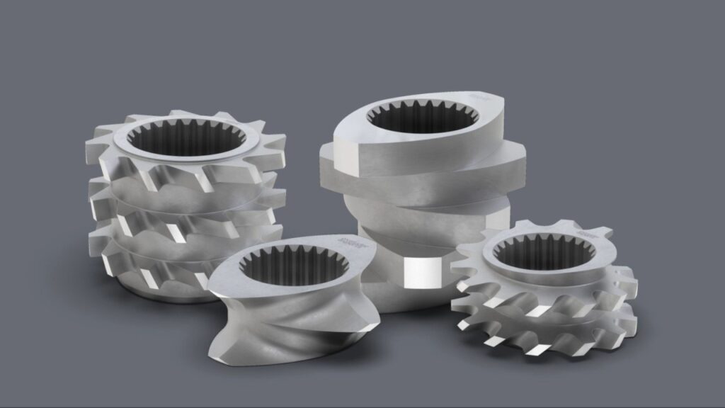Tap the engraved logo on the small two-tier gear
coord(585,232)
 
